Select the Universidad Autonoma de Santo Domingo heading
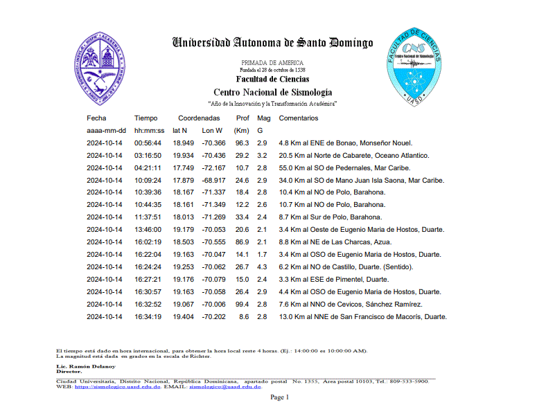click(272, 43)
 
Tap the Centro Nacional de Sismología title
click(272, 92)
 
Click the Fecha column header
click(96, 118)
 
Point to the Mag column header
click(264, 118)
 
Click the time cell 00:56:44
click(148, 143)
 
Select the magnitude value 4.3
click(262, 267)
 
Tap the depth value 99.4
click(242, 305)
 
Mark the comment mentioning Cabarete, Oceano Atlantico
click(353, 155)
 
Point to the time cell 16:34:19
click(148, 317)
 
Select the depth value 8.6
click(244, 317)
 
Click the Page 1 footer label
click(279, 397)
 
